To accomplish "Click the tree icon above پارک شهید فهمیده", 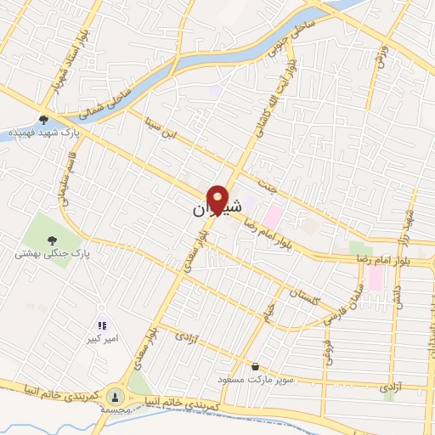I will tap(44, 121).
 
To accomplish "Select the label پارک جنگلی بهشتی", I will tap(52, 253).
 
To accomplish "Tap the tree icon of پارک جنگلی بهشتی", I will tap(53, 239).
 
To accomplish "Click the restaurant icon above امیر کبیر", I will tap(102, 325).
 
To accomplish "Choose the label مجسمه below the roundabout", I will tap(116, 409).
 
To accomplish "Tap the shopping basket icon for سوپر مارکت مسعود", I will tap(254, 367).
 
